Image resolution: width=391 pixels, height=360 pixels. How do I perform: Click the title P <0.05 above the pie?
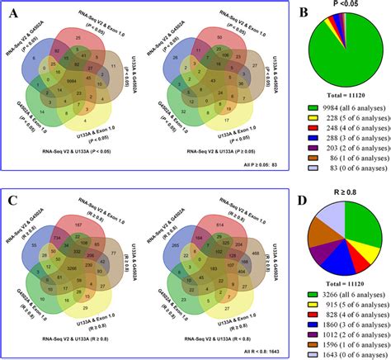click(x=345, y=6)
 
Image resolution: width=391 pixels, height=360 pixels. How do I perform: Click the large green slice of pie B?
click(x=346, y=50)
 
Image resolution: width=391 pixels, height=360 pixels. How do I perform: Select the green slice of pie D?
click(x=363, y=227)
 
